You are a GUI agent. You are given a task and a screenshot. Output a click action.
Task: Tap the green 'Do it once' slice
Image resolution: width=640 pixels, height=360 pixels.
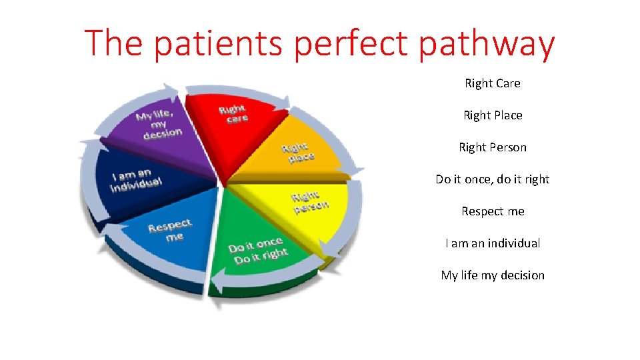pyautogui.click(x=257, y=250)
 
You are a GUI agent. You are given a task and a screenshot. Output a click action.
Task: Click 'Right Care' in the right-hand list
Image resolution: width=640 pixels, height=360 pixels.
pyautogui.click(x=493, y=83)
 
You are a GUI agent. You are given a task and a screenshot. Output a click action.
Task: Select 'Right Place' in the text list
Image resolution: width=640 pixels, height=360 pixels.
pyautogui.click(x=493, y=115)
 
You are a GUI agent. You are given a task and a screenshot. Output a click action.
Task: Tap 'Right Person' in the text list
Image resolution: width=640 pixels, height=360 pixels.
pyautogui.click(x=493, y=147)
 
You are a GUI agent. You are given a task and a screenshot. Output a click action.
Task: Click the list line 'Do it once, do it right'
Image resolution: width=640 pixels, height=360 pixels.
pyautogui.click(x=493, y=179)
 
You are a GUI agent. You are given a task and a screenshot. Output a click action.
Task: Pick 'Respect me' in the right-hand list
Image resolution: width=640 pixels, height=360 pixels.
pyautogui.click(x=493, y=211)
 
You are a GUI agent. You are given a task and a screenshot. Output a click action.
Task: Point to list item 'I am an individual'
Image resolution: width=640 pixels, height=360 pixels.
pyautogui.click(x=493, y=243)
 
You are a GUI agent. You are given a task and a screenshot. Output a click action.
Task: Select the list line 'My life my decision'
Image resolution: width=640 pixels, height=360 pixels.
pyautogui.click(x=493, y=275)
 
